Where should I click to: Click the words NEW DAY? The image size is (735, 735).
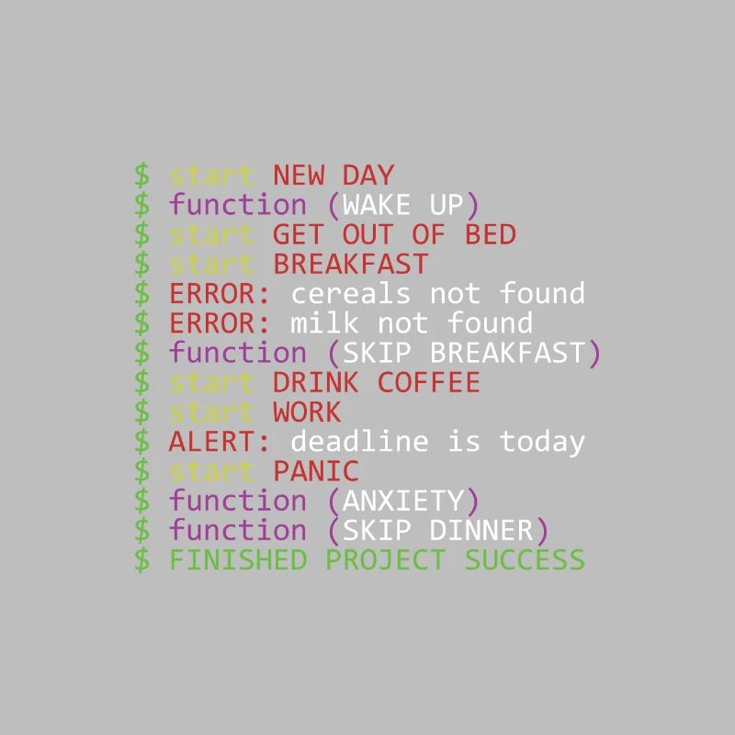(x=333, y=175)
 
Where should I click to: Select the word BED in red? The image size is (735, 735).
(x=490, y=234)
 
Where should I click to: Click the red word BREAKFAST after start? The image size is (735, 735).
(x=350, y=264)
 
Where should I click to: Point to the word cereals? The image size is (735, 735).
(x=351, y=293)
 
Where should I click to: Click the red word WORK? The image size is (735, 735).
(x=307, y=412)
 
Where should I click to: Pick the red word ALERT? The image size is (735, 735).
(x=220, y=441)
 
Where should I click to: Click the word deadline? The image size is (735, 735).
(x=359, y=441)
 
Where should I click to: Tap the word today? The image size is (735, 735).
(x=542, y=441)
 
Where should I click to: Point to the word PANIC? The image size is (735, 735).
(x=315, y=471)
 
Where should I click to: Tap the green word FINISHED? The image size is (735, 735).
(x=237, y=560)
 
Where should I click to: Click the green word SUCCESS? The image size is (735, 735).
(x=525, y=560)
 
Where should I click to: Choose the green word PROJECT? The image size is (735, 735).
(x=385, y=560)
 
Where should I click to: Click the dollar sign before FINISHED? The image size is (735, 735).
(x=141, y=560)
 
